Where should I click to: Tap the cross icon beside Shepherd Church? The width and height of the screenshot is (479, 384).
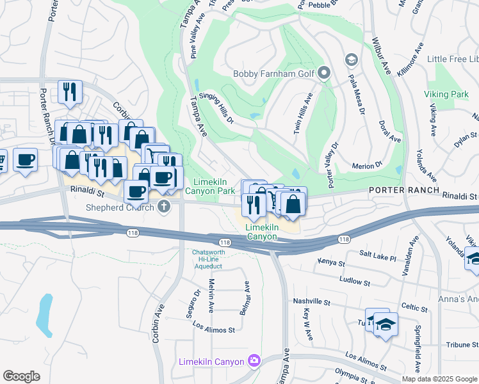click(164, 206)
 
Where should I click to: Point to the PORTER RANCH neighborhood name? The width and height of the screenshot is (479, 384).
click(403, 191)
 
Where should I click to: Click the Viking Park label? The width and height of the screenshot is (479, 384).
click(446, 94)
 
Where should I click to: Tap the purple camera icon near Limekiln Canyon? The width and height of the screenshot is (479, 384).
click(254, 362)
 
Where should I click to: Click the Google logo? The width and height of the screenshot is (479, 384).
click(21, 376)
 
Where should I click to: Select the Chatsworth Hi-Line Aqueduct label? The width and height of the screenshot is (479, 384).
click(211, 259)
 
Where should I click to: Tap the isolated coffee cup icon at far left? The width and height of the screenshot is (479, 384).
click(25, 159)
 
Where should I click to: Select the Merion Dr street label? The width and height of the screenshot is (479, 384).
click(368, 166)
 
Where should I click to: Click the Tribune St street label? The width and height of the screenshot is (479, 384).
click(449, 344)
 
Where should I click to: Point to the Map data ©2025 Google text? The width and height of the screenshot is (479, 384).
click(439, 379)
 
